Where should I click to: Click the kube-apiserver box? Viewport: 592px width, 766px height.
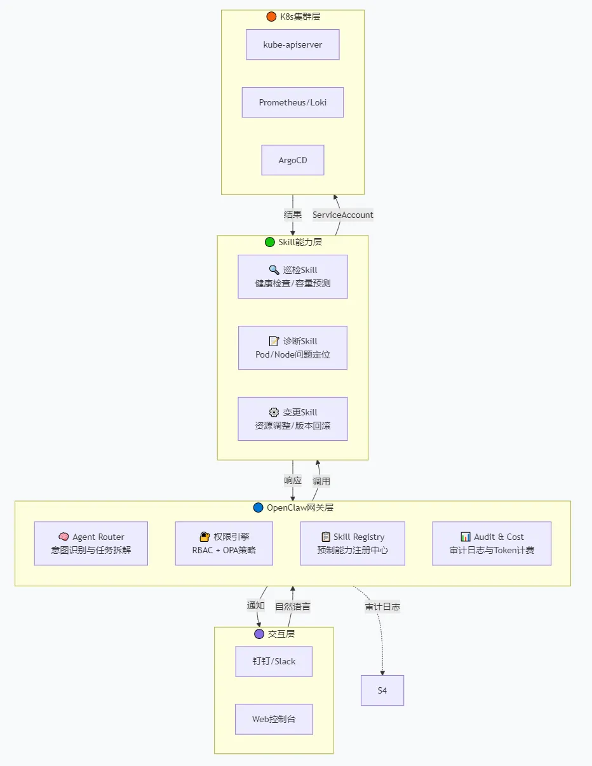tap(292, 44)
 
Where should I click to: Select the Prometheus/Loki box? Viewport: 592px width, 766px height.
tap(292, 102)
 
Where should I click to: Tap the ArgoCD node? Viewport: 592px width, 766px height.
tap(292, 160)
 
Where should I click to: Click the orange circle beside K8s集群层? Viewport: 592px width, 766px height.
tap(271, 17)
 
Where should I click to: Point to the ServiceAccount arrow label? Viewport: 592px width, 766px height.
tap(342, 215)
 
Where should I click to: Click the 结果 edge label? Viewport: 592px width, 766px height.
tap(292, 214)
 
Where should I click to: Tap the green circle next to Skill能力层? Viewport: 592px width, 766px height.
tap(269, 242)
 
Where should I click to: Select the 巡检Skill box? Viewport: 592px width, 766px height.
tap(292, 277)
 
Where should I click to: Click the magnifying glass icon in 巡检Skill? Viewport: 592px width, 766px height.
tap(274, 270)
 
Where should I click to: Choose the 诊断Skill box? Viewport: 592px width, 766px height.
tap(292, 348)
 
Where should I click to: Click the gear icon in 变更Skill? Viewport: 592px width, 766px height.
tap(274, 412)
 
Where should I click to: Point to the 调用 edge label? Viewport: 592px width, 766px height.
tap(321, 481)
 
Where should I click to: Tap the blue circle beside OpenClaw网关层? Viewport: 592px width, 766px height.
tap(259, 507)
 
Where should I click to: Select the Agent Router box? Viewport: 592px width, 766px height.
tap(91, 544)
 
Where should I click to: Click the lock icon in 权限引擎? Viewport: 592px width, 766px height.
tap(205, 537)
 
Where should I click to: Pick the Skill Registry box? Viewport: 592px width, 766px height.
tap(353, 544)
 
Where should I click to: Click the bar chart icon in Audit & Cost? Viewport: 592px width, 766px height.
tap(466, 537)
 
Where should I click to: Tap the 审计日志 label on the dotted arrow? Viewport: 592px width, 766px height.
tap(382, 607)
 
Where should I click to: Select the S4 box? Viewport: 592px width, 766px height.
tap(382, 690)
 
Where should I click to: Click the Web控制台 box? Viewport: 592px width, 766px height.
tap(274, 720)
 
